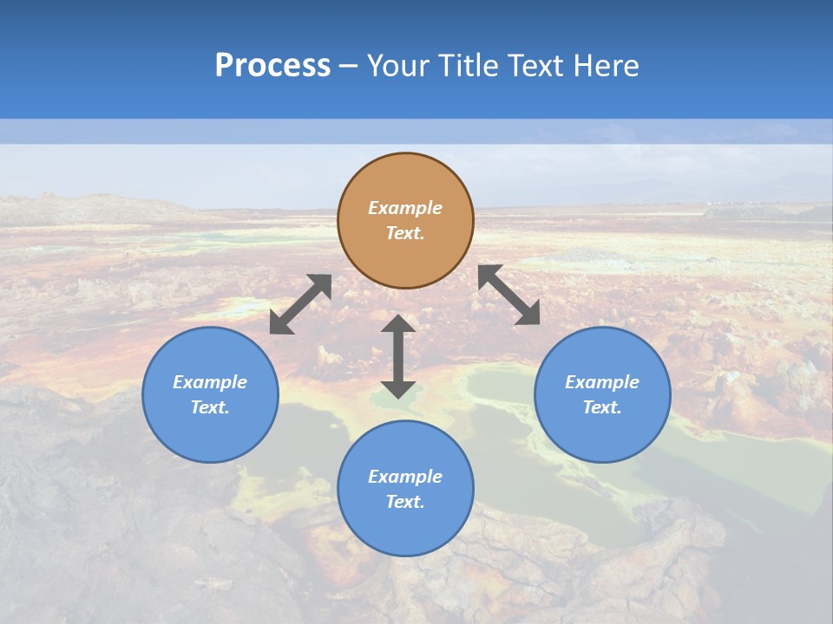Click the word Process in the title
pos(272,66)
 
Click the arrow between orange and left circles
pos(300,304)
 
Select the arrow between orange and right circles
pos(509,296)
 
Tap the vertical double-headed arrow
pos(398,356)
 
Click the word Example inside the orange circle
pos(405,208)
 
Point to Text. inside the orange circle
pos(405,233)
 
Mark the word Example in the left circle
pos(210,382)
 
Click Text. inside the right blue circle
pos(602,407)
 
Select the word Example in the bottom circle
pos(405,477)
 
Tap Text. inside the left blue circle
pos(210,407)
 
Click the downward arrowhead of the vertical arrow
pos(398,387)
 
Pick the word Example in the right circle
pos(602,382)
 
